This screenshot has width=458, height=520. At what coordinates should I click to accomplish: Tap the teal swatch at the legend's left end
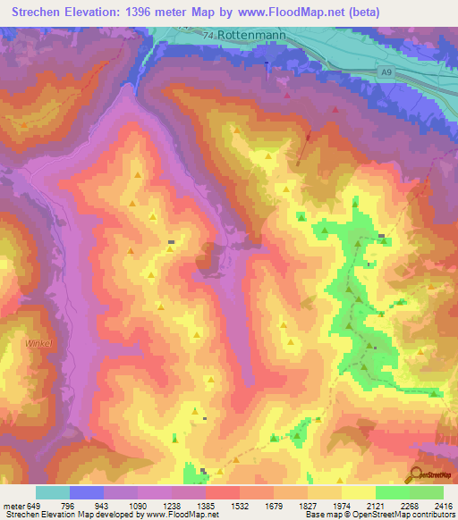pyautogui.click(x=53, y=492)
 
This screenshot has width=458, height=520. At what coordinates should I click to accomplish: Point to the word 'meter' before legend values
pyautogui.click(x=13, y=506)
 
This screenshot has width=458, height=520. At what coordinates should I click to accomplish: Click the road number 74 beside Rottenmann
pyautogui.click(x=208, y=35)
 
